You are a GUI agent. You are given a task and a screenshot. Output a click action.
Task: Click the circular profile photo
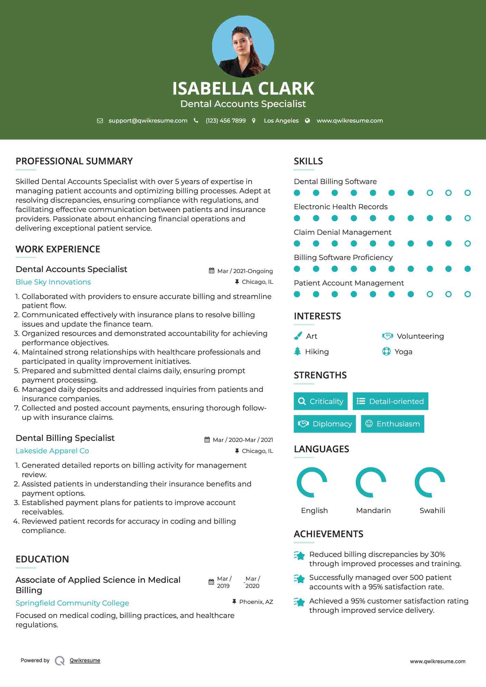pos(243,47)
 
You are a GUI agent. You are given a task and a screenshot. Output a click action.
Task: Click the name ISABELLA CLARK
pos(243,88)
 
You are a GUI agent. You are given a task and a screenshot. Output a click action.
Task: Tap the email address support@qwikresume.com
pos(148,120)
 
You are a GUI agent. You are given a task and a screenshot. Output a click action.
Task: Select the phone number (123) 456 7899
pos(226,120)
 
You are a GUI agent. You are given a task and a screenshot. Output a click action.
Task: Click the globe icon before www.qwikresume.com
pos(307,120)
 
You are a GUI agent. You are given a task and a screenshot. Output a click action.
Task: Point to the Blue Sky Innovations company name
pos(53,282)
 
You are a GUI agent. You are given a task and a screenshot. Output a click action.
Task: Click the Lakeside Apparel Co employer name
pos(52,451)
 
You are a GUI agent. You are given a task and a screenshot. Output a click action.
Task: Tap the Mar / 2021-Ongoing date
pos(245,271)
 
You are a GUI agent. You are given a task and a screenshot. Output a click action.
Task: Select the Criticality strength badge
pos(321,401)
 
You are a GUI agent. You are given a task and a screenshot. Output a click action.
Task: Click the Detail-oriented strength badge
pos(390,401)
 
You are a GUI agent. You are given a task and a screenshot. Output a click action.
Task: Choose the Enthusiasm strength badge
pos(392,424)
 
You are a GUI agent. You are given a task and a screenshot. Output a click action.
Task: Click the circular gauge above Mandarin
pos(371,482)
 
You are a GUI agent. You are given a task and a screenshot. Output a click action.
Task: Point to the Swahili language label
pos(432,511)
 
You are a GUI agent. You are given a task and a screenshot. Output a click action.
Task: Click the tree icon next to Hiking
pos(297,351)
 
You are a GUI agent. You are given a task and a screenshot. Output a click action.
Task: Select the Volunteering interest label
pos(420,336)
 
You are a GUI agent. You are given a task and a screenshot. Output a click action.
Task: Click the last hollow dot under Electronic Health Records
pos(467,218)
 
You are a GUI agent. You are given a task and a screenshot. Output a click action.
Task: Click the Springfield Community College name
pos(72,603)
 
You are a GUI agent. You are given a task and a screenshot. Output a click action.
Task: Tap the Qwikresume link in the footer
pos(85,660)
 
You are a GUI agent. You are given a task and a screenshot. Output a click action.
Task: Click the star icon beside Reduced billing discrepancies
pos(299,555)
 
